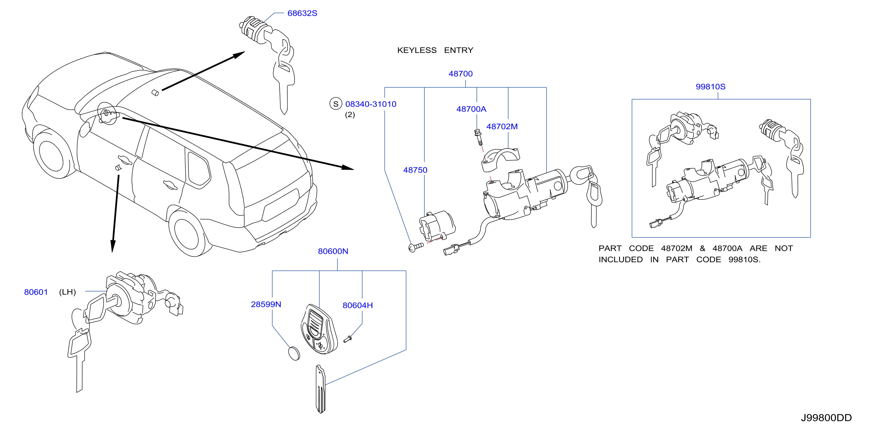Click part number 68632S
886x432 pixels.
302,13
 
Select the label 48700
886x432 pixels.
460,74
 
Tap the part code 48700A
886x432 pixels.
471,109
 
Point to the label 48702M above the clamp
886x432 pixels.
502,127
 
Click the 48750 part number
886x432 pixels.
415,170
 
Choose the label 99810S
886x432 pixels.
710,87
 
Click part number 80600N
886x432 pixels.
333,252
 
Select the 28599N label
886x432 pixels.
265,304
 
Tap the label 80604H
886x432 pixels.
357,305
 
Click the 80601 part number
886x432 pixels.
36,292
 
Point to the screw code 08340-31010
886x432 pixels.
371,104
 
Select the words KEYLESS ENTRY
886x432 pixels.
435,51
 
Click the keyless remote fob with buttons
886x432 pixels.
319,329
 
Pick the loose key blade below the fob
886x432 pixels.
320,389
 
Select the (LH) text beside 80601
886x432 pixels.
68,292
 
